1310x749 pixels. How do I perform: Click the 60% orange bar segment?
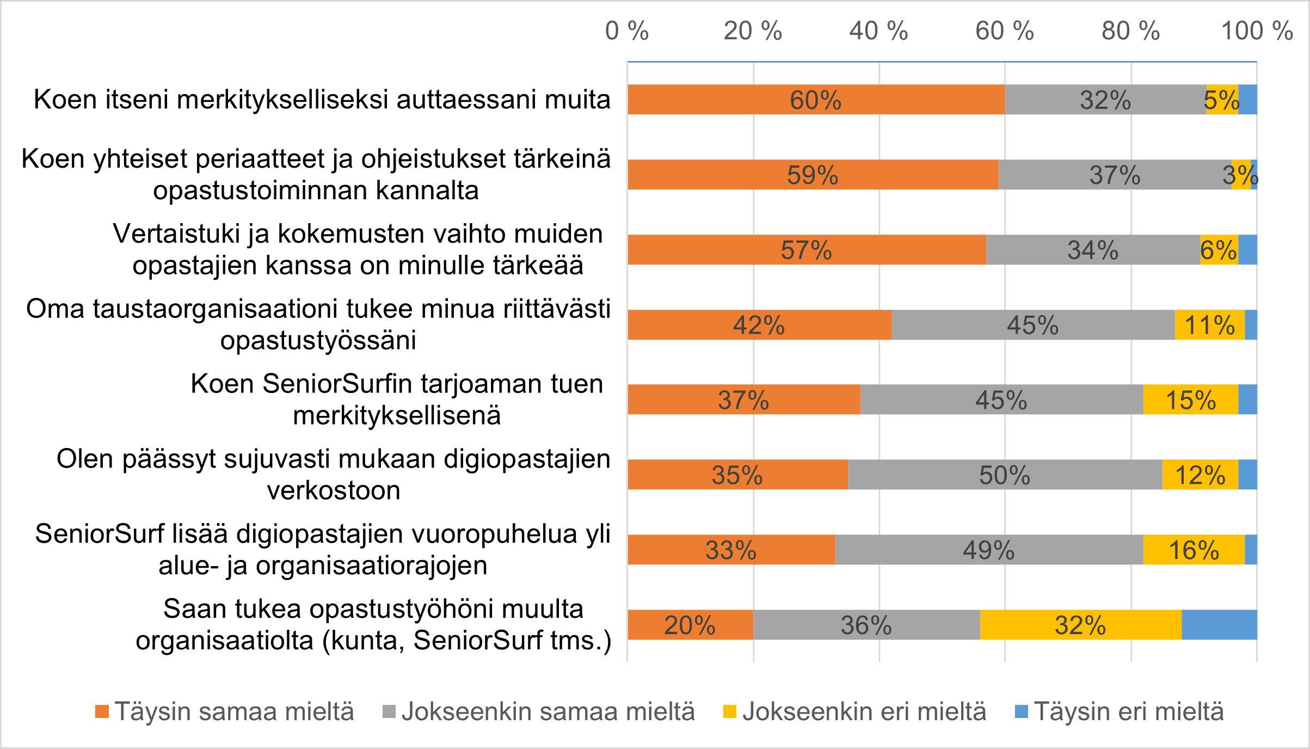[x=816, y=100]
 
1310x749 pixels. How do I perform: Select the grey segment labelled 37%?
[x=1115, y=175]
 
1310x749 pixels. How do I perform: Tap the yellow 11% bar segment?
[x=1209, y=325]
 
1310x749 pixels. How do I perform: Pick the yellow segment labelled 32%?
[x=1080, y=625]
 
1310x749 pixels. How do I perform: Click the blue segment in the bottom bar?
[x=1219, y=625]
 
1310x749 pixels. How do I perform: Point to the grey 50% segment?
[x=1005, y=475]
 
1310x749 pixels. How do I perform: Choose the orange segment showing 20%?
[x=690, y=625]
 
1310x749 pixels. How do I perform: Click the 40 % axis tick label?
[x=878, y=31]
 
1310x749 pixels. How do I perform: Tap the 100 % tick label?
[x=1257, y=31]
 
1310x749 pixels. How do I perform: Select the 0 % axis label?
[x=627, y=31]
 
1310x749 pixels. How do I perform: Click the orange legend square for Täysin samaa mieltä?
[x=102, y=711]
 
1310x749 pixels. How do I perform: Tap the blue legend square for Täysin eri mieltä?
[x=1022, y=711]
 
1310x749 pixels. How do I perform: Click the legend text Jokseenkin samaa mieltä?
[x=548, y=711]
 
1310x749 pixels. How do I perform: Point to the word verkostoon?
[x=334, y=490]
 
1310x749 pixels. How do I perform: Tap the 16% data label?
[x=1194, y=550]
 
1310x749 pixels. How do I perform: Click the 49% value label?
[x=988, y=550]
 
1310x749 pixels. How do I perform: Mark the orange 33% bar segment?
[x=731, y=550]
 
